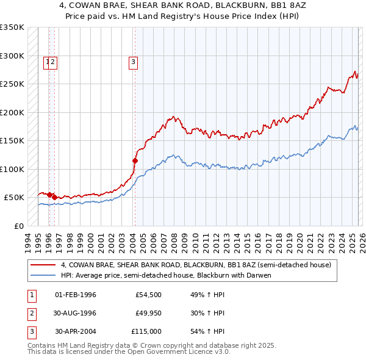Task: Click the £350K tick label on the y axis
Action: (x=12, y=27)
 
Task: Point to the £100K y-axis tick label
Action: (x=12, y=169)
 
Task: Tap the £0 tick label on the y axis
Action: (x=19, y=226)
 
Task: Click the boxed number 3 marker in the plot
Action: (x=132, y=61)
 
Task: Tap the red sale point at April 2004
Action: (x=135, y=160)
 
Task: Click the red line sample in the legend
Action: (x=44, y=265)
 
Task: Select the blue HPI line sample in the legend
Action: (x=44, y=275)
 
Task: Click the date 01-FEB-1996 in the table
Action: (x=76, y=295)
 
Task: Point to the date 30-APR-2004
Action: (x=76, y=332)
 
